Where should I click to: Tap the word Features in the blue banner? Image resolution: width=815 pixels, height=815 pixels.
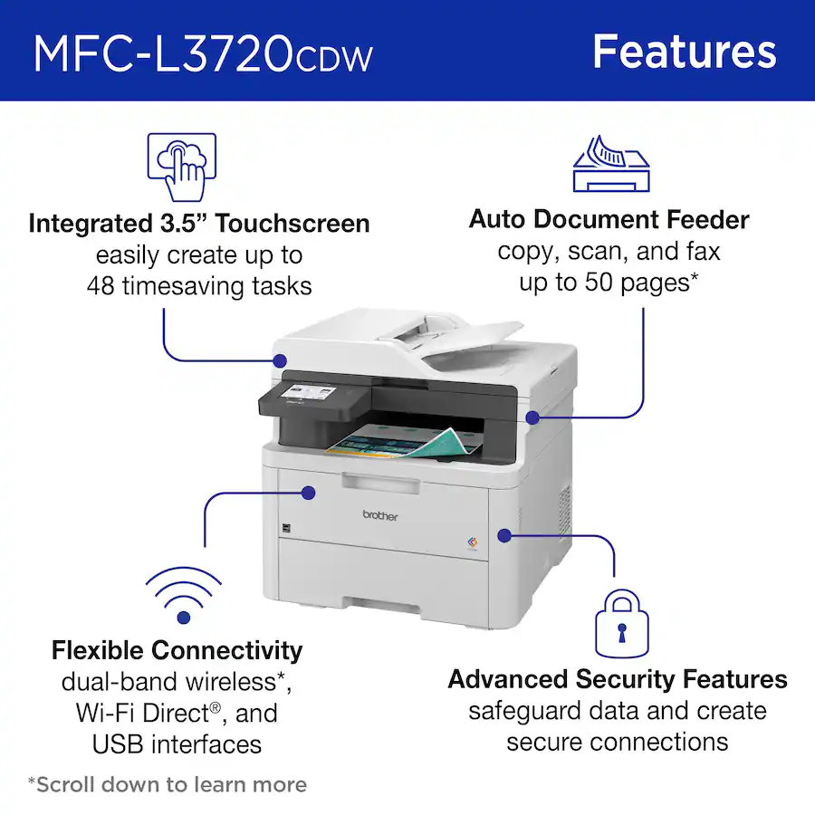684,52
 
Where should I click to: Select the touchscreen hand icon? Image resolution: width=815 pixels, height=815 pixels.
181,168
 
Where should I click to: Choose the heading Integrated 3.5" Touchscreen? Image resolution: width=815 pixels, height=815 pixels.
199,224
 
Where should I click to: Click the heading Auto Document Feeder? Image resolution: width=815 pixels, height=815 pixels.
609,219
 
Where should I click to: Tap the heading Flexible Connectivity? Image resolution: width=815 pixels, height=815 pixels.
177,650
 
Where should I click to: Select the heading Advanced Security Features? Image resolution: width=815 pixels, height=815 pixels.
618,679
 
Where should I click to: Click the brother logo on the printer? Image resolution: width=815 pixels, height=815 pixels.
379,514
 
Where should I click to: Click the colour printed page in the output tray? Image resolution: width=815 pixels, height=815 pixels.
398,437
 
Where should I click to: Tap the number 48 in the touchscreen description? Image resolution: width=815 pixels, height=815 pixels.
104,285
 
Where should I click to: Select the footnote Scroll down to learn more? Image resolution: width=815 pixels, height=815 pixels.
167,784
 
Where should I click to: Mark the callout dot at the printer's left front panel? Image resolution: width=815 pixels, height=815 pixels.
308,493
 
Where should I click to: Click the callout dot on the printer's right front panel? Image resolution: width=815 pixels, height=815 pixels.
504,535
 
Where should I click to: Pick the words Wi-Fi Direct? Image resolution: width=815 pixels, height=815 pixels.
142,714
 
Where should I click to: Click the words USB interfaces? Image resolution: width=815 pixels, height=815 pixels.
177,744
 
